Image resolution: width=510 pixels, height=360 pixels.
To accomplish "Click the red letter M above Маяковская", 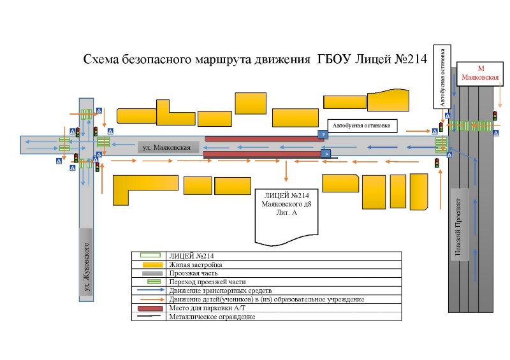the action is pyautogui.click(x=481, y=68).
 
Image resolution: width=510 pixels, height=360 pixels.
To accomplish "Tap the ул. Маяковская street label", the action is pyautogui.click(x=166, y=147).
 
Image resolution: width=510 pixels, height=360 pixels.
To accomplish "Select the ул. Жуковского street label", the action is pyautogui.click(x=86, y=267).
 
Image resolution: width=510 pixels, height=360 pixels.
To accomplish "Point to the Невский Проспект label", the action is pyautogui.click(x=458, y=227).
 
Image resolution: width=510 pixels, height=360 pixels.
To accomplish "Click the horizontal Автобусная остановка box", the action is pyautogui.click(x=362, y=126).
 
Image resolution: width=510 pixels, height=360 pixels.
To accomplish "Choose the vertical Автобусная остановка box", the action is pyautogui.click(x=442, y=76).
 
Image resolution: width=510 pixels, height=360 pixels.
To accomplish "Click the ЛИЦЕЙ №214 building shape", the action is pyautogui.click(x=286, y=217).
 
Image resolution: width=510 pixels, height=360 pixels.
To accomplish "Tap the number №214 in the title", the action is pyautogui.click(x=411, y=59).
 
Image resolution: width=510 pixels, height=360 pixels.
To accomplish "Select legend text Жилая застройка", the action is pyautogui.click(x=196, y=264).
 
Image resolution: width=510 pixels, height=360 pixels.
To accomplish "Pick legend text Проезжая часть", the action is pyautogui.click(x=193, y=273).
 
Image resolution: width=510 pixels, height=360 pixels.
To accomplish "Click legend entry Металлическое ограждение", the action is pyautogui.click(x=212, y=317).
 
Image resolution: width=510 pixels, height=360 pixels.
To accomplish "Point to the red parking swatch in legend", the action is pyautogui.click(x=150, y=308).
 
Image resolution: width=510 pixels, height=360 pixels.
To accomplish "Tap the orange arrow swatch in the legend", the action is pyautogui.click(x=151, y=299).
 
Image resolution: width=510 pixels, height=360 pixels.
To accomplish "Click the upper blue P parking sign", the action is pyautogui.click(x=323, y=134).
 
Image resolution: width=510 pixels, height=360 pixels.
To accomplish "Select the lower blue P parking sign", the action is pyautogui.click(x=326, y=154).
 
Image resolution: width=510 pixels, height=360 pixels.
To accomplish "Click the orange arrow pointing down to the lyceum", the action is pyautogui.click(x=286, y=171).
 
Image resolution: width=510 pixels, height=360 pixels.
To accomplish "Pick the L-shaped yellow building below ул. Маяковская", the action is pyautogui.click(x=145, y=191).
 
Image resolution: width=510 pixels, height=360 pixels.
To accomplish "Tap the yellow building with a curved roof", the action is pyautogui.click(x=388, y=100).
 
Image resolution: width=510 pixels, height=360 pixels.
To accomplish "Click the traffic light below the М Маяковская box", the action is pyautogui.click(x=495, y=116).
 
